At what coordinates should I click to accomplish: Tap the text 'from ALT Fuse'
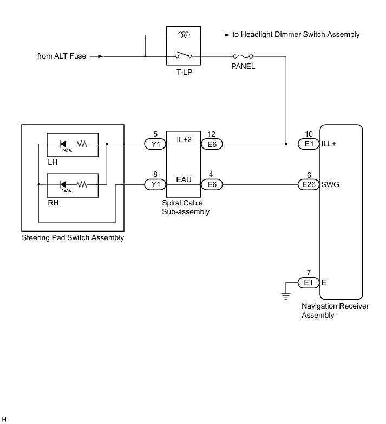click(61, 56)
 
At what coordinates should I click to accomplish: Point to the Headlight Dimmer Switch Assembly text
click(296, 35)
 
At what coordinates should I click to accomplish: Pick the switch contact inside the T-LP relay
click(184, 55)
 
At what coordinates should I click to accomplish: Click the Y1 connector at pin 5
click(156, 144)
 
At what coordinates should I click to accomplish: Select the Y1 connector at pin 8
click(156, 185)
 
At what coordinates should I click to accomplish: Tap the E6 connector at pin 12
click(212, 144)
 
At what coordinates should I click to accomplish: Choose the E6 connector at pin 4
click(212, 185)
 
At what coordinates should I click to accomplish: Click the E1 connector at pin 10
click(309, 144)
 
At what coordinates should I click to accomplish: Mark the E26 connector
click(309, 185)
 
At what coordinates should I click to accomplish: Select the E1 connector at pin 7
click(309, 282)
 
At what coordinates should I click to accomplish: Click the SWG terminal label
click(331, 185)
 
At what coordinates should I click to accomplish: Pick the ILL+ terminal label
click(330, 144)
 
